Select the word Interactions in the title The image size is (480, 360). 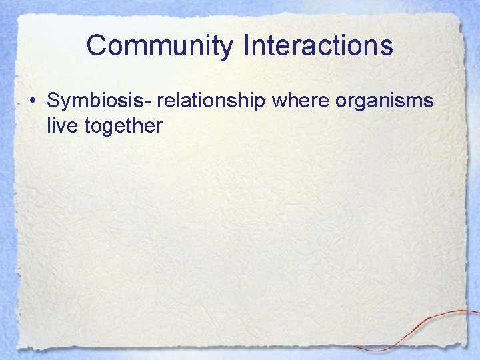click(x=319, y=46)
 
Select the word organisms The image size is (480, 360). click(x=385, y=103)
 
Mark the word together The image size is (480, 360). click(x=124, y=125)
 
